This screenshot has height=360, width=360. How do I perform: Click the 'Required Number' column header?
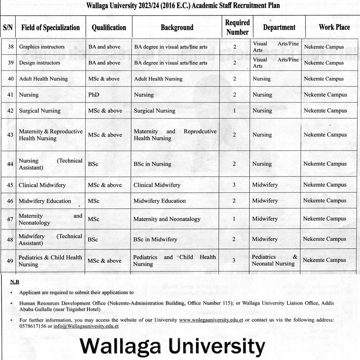coord(237,27)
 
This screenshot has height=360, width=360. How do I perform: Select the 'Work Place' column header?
coord(334,27)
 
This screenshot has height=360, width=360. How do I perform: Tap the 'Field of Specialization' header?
coord(51,27)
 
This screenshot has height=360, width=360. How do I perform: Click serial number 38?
coord(11,47)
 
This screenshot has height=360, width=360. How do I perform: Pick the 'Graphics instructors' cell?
coord(42,47)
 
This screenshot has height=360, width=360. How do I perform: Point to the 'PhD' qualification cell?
coord(94,95)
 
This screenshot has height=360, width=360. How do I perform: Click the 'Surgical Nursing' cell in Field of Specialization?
coord(40,111)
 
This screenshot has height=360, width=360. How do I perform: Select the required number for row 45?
coord(234,185)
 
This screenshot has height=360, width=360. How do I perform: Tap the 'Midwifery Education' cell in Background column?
coord(160,201)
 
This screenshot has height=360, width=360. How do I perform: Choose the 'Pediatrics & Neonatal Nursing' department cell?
coord(274,260)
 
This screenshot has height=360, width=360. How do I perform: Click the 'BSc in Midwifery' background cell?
coord(155,239)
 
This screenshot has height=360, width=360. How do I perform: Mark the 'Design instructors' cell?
coord(39,63)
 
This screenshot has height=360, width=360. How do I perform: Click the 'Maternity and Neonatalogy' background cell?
coord(167,219)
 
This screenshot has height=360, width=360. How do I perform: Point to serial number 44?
coord(10,164)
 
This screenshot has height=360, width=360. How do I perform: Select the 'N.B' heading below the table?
coord(15,282)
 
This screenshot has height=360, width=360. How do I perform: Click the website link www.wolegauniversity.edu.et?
coord(211,320)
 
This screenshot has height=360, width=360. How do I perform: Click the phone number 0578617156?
coord(33,326)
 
